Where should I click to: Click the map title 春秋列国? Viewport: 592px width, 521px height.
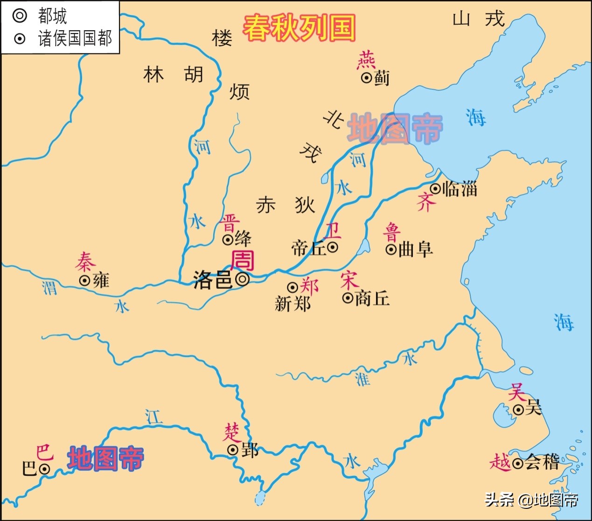(299, 27)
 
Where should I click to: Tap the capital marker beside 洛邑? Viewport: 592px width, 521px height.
(243, 279)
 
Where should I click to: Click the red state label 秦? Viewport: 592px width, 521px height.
(85, 262)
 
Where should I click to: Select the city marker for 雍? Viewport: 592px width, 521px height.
(84, 281)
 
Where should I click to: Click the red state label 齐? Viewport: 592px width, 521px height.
(425, 202)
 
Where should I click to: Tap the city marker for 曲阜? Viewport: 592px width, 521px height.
(391, 249)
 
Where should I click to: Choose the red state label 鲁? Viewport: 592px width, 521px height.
(392, 232)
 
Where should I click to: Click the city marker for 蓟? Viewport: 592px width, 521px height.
(367, 78)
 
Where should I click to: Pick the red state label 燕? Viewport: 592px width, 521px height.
(366, 61)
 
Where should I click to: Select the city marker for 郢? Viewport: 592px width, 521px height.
(233, 450)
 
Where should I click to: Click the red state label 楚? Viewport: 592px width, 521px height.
(232, 432)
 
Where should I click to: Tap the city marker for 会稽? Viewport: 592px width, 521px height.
(517, 463)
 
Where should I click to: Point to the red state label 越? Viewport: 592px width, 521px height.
(500, 463)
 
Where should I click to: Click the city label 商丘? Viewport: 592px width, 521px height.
(372, 298)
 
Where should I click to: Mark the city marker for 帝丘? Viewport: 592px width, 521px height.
(333, 247)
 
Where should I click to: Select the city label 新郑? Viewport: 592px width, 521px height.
(293, 304)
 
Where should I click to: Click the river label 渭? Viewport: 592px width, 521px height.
(50, 287)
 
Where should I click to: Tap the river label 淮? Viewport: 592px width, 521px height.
(362, 379)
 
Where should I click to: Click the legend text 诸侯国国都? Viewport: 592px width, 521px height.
(75, 38)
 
